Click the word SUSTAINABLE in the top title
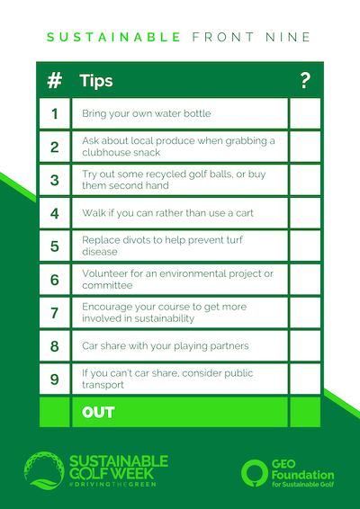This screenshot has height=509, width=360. [113, 37]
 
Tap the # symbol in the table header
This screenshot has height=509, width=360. [55, 81]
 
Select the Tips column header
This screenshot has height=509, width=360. [96, 81]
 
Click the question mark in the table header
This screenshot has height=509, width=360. [305, 81]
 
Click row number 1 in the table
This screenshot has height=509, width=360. [55, 114]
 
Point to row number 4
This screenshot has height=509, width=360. [55, 213]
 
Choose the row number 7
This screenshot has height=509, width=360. [55, 313]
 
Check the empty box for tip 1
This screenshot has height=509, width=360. [305, 113]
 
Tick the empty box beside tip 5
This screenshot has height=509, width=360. [305, 246]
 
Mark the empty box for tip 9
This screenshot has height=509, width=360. [305, 379]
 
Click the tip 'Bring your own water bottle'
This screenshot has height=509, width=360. [146, 113]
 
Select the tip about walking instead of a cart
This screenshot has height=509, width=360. [167, 213]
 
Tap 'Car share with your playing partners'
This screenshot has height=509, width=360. [165, 345]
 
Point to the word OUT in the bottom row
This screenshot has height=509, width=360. [98, 413]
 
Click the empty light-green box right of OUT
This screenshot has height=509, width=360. [305, 412]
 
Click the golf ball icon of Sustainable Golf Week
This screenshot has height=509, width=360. [44, 470]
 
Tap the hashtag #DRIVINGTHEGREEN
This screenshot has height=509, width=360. [112, 484]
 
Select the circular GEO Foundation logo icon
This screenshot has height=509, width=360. [255, 473]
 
